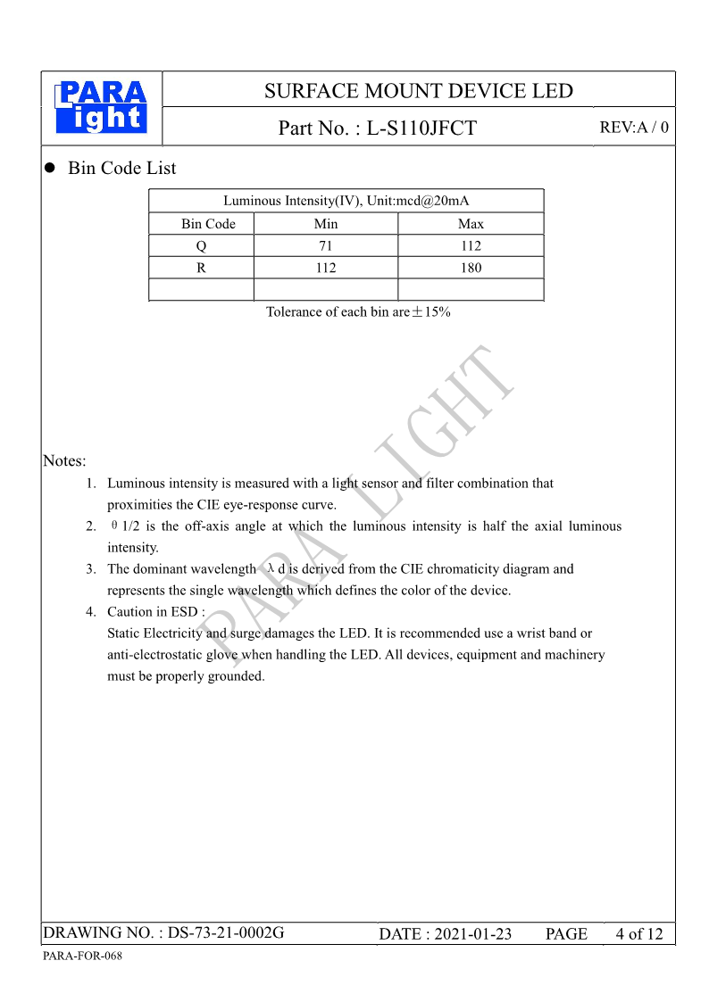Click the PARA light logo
(x=101, y=108)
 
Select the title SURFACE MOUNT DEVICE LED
(x=418, y=91)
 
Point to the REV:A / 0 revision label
(x=633, y=128)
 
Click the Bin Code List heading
(x=121, y=169)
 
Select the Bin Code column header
(x=208, y=224)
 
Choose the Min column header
(x=326, y=224)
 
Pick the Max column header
(x=471, y=224)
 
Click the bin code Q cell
(x=201, y=246)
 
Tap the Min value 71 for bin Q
(x=326, y=246)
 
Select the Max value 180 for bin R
(x=471, y=268)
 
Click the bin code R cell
(x=201, y=268)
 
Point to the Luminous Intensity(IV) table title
(x=346, y=201)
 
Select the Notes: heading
(x=64, y=461)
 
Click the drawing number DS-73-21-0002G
(x=226, y=933)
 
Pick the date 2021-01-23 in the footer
(x=472, y=934)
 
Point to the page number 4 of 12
(x=639, y=934)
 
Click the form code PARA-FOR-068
(x=82, y=956)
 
